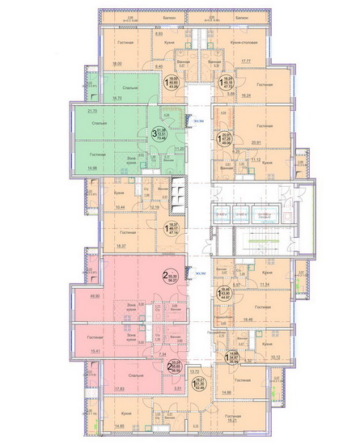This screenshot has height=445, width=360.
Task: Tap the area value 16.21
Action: click(254, 421)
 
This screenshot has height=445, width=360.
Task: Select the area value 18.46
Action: click(257, 321)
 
